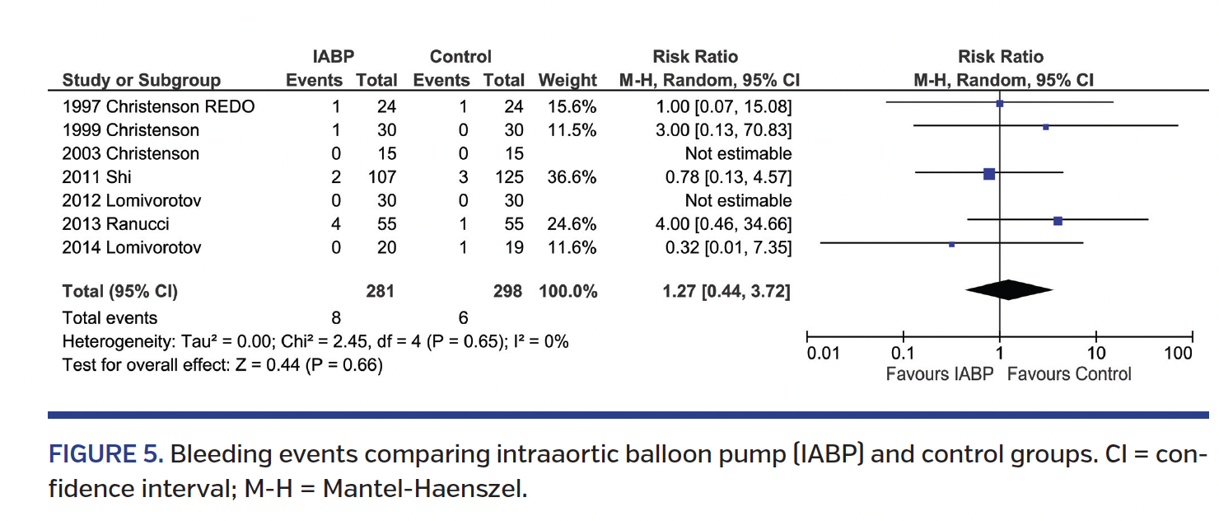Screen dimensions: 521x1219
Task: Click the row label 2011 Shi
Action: click(96, 176)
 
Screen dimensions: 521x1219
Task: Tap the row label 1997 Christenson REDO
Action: click(158, 106)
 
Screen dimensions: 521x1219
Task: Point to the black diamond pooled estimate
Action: click(1008, 289)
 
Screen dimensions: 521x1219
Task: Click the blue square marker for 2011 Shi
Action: click(989, 173)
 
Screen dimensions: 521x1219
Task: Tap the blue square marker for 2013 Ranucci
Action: click(1058, 221)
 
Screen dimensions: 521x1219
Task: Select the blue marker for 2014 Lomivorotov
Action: click(951, 244)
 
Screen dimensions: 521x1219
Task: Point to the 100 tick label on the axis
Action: click(1178, 354)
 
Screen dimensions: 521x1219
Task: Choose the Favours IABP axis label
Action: click(940, 374)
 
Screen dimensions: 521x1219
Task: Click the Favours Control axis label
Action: click(1069, 374)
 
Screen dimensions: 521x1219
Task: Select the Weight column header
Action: click(567, 81)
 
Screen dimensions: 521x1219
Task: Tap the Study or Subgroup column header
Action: click(142, 81)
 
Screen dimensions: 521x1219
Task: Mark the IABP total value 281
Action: click(381, 291)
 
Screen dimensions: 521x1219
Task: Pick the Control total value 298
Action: click(507, 291)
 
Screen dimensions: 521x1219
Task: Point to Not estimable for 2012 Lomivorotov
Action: click(738, 200)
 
